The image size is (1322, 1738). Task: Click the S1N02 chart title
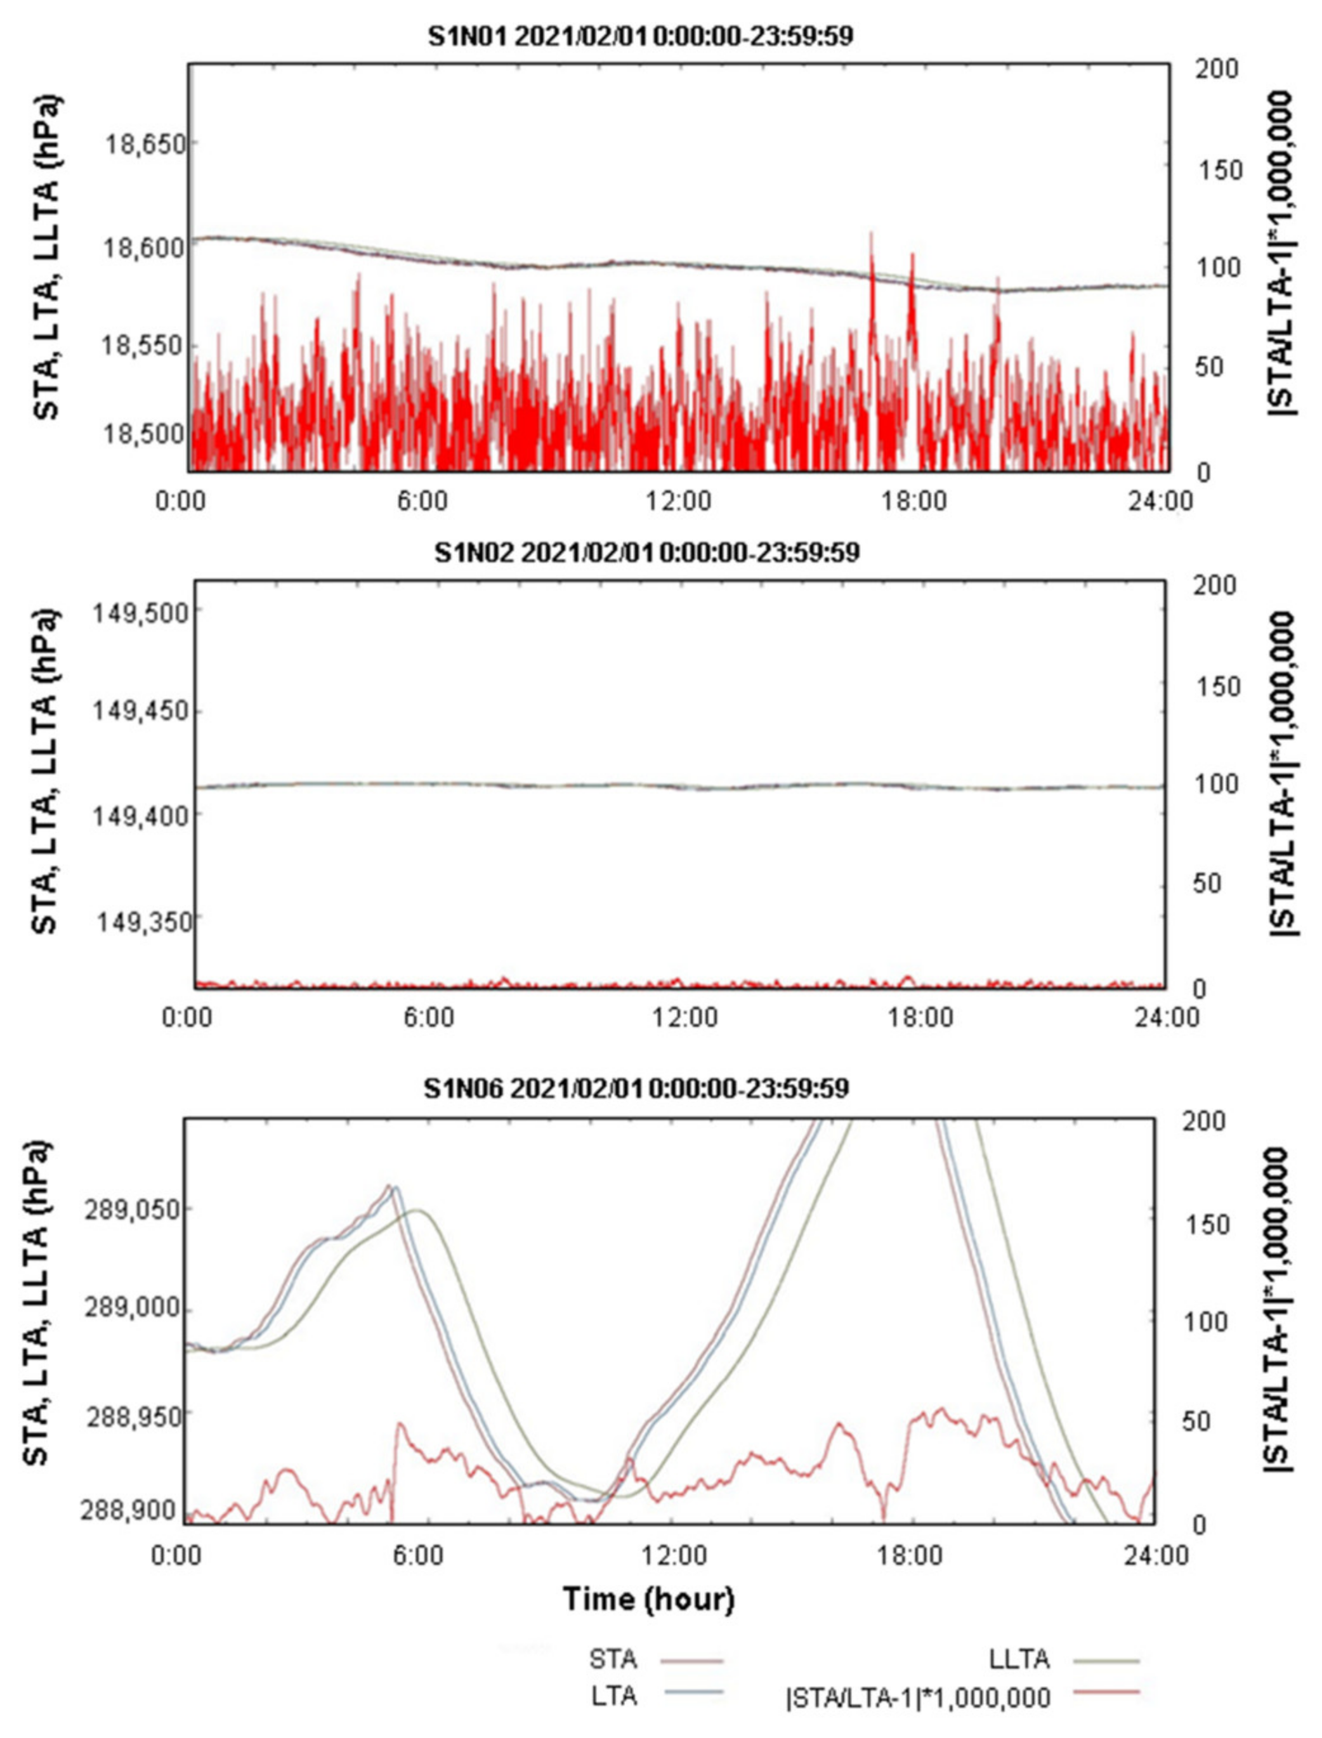[x=647, y=552]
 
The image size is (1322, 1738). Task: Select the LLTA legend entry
[x=1019, y=1659]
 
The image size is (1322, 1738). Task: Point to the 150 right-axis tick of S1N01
[x=1218, y=171]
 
